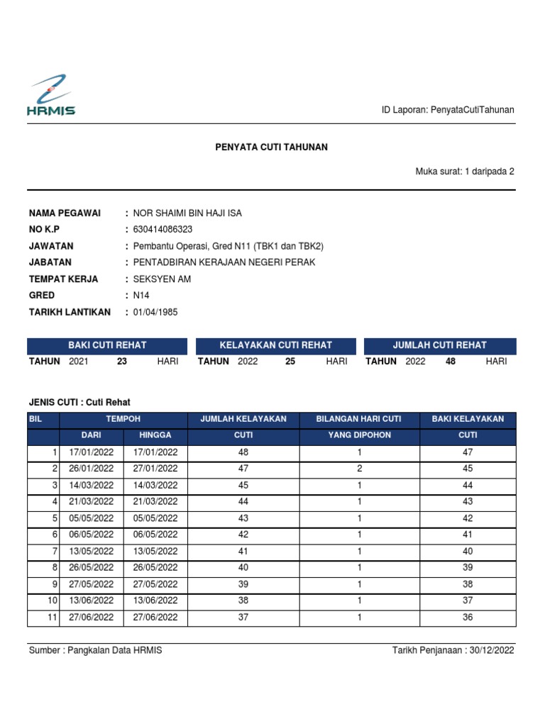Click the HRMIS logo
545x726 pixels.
coord(50,95)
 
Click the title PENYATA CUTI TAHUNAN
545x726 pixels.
coord(272,147)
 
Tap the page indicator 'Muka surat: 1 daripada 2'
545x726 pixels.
coord(464,171)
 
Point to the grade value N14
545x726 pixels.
coord(142,295)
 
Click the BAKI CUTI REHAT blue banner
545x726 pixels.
coord(107,345)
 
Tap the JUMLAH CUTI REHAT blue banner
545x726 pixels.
coord(440,345)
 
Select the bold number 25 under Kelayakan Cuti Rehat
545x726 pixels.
coord(290,362)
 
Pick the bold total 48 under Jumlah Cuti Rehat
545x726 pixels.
coord(450,362)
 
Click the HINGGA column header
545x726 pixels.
coord(155,435)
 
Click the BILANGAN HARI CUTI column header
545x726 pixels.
coord(359,419)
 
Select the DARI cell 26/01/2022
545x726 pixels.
coord(92,469)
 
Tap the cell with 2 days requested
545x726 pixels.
coord(359,469)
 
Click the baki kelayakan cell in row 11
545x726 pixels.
coord(468,618)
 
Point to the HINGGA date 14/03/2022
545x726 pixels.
coord(155,485)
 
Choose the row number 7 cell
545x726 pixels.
coord(44,552)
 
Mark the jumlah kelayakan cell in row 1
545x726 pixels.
coord(243,452)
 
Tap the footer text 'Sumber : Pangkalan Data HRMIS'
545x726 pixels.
coord(95,650)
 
